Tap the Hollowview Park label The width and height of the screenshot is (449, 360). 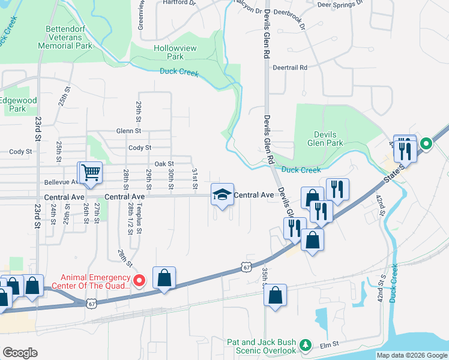(x=168, y=52)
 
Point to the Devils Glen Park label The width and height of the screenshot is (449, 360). (x=325, y=139)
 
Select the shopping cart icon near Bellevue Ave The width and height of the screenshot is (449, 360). (x=91, y=173)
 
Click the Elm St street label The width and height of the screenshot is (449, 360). (x=330, y=344)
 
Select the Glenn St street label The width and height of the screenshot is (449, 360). (x=128, y=131)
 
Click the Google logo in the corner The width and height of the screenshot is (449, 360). (x=20, y=353)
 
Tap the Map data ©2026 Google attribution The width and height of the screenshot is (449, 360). (x=411, y=355)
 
